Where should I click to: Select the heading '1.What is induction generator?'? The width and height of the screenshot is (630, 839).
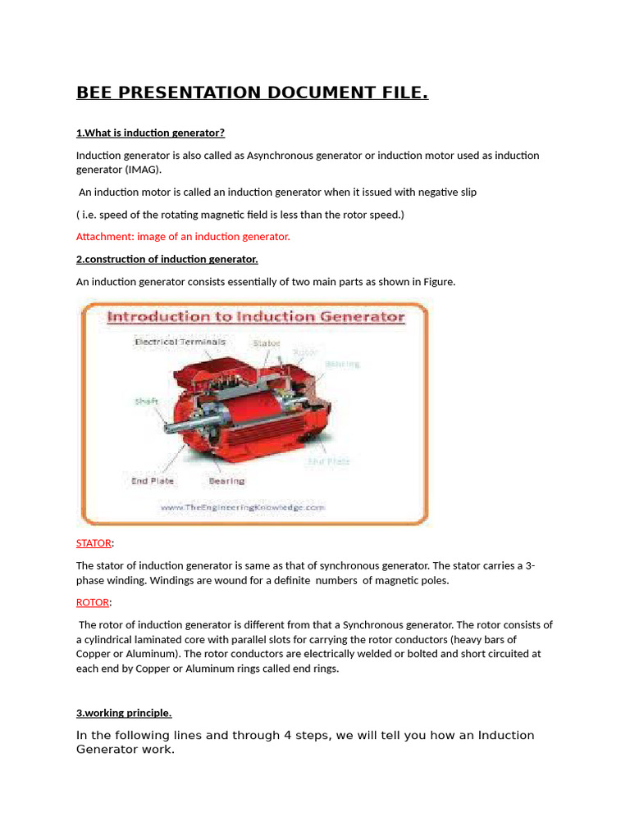(150, 133)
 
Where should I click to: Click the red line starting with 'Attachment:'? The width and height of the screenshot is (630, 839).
(183, 236)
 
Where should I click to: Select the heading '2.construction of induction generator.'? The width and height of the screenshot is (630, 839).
(167, 259)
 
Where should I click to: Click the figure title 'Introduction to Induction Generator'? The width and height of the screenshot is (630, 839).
(256, 316)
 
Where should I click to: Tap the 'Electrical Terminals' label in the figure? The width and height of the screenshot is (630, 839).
(179, 342)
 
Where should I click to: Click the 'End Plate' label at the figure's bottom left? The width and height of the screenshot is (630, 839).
(152, 481)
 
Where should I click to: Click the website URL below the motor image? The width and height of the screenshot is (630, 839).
(243, 507)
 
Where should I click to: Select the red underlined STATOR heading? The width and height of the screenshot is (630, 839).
(94, 542)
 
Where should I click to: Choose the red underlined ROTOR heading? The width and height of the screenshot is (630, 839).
(92, 602)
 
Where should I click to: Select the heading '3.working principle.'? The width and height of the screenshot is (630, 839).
(124, 713)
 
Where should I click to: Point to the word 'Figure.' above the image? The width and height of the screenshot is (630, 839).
(439, 281)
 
